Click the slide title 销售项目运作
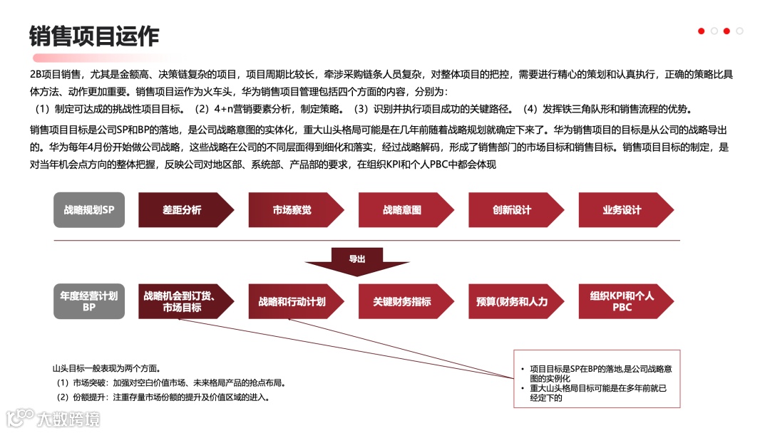(94, 36)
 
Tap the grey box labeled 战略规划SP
(89, 210)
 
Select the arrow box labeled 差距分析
(183, 210)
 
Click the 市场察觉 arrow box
(292, 210)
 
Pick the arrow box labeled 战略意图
(402, 210)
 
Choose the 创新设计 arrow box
(512, 210)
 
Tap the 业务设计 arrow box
(622, 210)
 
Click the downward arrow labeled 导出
(357, 261)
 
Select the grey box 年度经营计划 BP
(89, 301)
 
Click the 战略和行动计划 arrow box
(292, 301)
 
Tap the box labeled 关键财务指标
(402, 301)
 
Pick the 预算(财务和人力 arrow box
(512, 301)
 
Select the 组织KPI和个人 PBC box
(622, 301)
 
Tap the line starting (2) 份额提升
(163, 397)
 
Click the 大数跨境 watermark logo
(53, 418)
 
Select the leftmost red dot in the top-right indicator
(702, 31)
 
